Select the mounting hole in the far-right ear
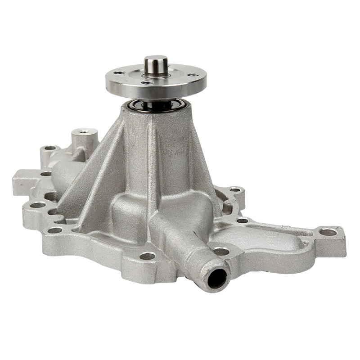click(x=327, y=232)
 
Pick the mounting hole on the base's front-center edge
click(x=147, y=256)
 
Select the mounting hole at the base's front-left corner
click(x=55, y=230)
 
